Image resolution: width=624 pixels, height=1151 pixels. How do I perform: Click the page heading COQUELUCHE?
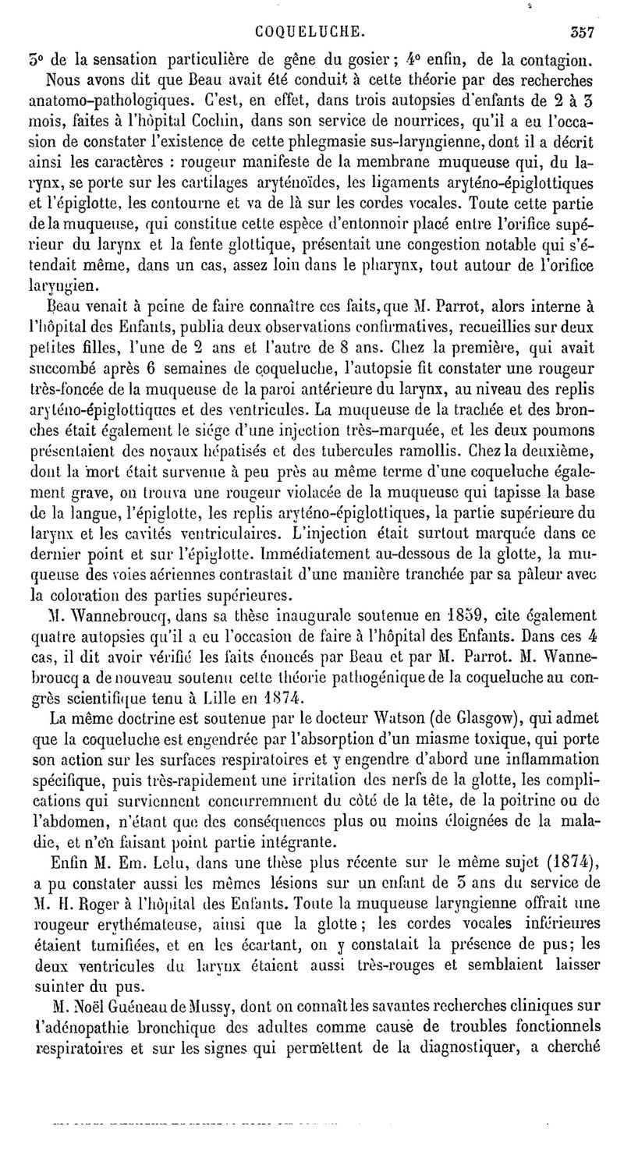pos(310,32)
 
